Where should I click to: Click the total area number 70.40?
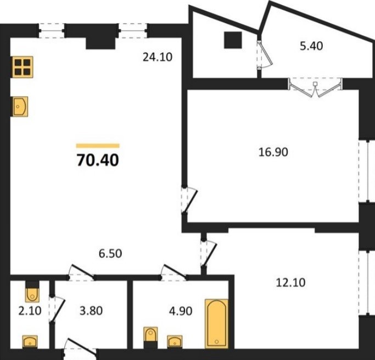(98, 160)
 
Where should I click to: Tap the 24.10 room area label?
(158, 57)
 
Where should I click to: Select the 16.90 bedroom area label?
(273, 152)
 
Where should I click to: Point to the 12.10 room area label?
(290, 283)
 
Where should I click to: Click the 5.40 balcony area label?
(311, 46)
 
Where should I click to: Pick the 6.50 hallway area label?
(110, 253)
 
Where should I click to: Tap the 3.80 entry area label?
(91, 311)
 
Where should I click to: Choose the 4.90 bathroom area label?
(181, 311)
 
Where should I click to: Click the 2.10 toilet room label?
(30, 311)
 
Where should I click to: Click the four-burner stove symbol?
(23, 67)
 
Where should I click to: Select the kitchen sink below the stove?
(20, 107)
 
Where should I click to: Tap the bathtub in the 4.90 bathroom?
(216, 323)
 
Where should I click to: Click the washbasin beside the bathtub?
(175, 342)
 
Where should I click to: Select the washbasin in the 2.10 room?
(30, 342)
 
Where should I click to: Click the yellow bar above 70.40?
(98, 146)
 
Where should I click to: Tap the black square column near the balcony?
(233, 40)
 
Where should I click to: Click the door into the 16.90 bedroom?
(189, 200)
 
